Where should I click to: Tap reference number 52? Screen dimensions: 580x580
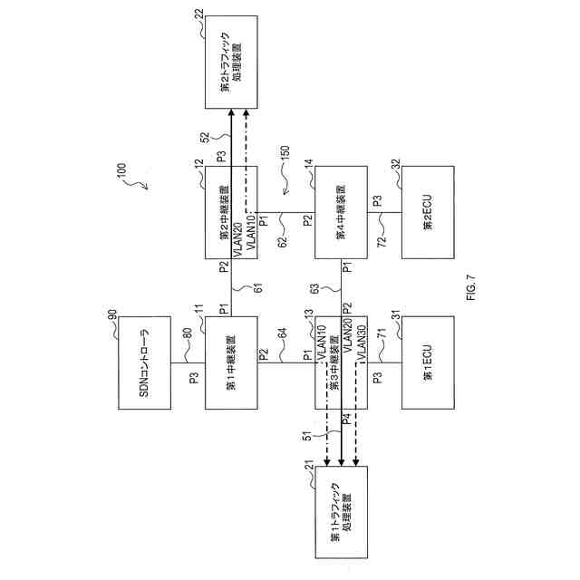click(205, 136)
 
